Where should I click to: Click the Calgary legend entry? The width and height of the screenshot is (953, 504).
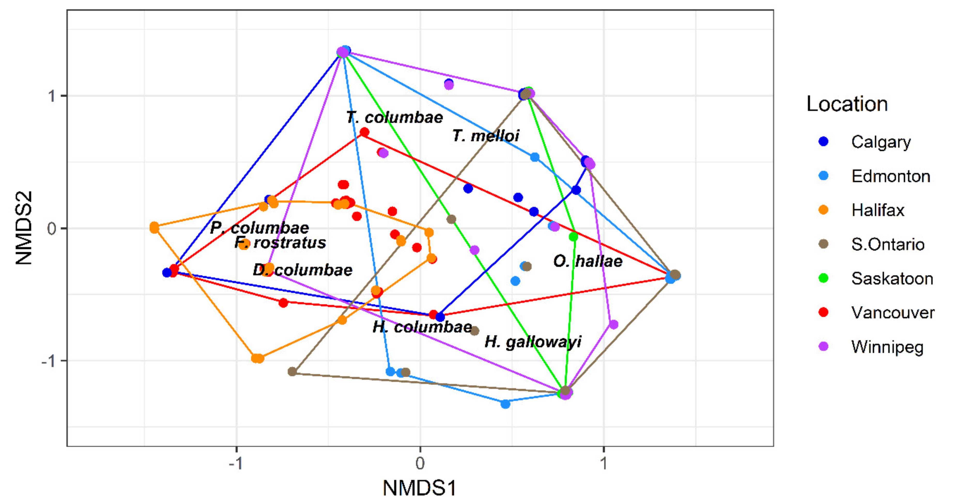tap(880, 142)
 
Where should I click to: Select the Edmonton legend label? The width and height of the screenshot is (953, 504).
tap(890, 176)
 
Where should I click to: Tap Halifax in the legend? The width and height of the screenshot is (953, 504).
tap(878, 210)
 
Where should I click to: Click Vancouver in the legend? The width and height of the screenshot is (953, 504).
tap(892, 313)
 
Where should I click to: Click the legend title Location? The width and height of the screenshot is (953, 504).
tap(847, 104)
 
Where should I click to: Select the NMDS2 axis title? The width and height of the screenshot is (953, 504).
tap(24, 228)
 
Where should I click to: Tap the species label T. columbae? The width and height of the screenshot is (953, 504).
tap(395, 117)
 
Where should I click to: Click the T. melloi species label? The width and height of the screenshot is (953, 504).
tap(486, 136)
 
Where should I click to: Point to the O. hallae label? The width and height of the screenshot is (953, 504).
tap(588, 261)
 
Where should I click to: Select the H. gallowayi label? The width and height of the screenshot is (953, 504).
tap(533, 342)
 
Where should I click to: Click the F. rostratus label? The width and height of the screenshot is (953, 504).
tap(280, 243)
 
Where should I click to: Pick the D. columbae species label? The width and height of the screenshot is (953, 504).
tap(302, 270)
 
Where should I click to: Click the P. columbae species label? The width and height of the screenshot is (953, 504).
tap(259, 228)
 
